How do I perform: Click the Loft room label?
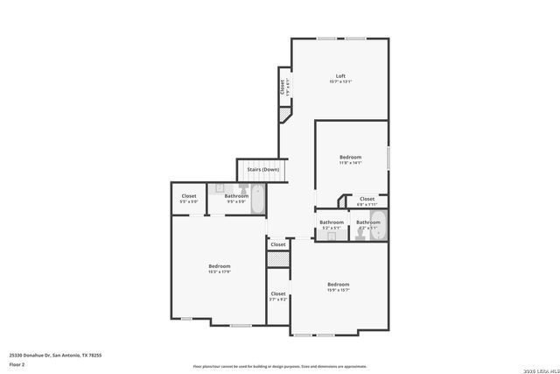pos(340,75)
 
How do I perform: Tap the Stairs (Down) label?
pos(262,169)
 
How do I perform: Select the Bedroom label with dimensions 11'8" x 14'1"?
pos(350,157)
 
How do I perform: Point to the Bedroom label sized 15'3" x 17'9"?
pos(219,265)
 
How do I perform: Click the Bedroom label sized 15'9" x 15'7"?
pos(339,284)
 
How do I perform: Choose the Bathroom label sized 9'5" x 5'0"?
pos(236,195)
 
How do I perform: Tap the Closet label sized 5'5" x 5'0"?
pos(189,195)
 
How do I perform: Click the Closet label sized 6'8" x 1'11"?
pos(367,199)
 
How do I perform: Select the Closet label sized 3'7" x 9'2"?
pos(277,293)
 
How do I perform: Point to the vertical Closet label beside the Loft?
pos(283,87)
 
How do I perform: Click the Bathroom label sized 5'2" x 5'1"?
pos(332,222)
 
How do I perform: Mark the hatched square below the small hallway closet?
pos(277,260)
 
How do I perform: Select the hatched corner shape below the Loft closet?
pos(284,115)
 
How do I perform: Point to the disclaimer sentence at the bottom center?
pos(280,365)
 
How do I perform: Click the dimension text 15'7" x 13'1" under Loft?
pos(340,81)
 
